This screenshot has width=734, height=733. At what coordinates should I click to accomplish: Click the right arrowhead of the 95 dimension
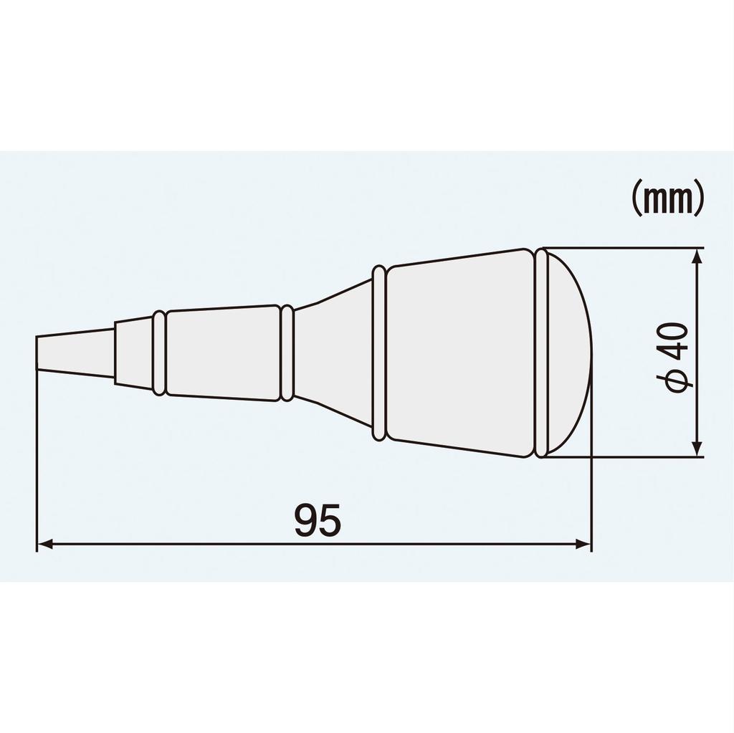click(583, 545)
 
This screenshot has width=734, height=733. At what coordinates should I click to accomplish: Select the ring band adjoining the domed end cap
click(541, 353)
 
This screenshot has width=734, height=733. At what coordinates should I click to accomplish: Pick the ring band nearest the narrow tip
click(159, 353)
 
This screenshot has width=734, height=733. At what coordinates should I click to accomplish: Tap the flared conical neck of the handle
click(333, 353)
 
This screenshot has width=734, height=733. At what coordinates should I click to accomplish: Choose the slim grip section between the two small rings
click(222, 353)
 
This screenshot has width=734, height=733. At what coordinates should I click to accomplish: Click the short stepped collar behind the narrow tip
click(133, 353)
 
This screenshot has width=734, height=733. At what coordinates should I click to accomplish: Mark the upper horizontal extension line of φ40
click(624, 248)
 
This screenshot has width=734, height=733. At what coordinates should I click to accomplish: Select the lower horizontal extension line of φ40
click(624, 457)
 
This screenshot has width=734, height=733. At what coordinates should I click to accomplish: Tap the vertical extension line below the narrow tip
click(37, 459)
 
